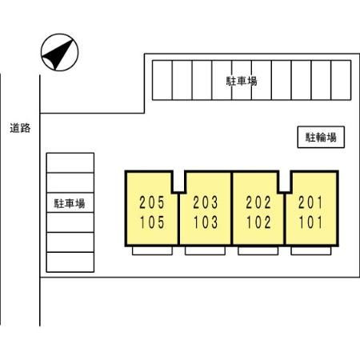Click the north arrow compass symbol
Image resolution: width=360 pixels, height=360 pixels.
(59, 52)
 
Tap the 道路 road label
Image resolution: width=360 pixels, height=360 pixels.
(20, 128)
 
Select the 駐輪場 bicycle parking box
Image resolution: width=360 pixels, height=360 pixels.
(321, 137)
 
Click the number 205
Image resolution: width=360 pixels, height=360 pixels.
(152, 202)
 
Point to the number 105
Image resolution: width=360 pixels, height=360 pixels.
(152, 222)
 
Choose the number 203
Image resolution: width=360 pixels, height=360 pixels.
(206, 202)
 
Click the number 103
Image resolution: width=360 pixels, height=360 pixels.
(206, 222)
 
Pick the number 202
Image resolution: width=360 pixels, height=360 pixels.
(258, 202)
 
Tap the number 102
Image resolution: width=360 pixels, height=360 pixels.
(258, 222)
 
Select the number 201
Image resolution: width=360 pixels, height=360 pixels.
(310, 202)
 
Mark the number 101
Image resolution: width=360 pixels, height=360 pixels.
(310, 222)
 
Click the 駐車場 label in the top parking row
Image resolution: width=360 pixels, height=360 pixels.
(242, 81)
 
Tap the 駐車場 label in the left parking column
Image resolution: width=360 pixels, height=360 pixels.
(70, 203)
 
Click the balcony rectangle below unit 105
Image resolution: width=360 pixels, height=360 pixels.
(152, 251)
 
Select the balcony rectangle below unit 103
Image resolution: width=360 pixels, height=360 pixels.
(205, 251)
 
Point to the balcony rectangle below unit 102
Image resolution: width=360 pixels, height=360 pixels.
(258, 251)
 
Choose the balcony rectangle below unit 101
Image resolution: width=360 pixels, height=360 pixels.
(311, 251)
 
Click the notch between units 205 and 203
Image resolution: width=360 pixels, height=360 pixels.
(178, 182)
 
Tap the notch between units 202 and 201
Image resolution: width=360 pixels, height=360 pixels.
(285, 182)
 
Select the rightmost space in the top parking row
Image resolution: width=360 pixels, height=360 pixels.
(341, 80)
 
